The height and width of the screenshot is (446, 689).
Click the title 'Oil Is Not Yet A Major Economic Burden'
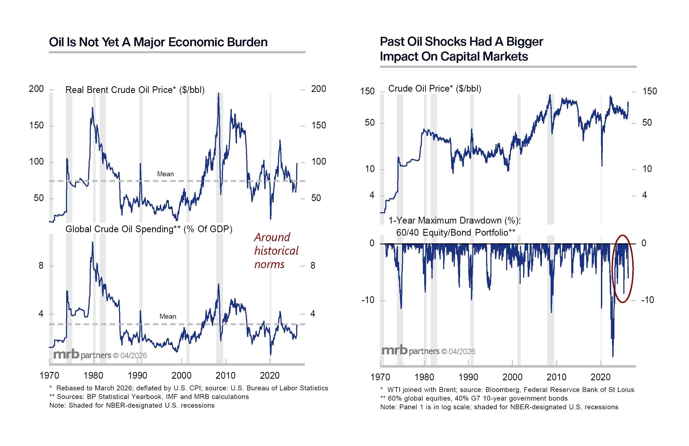coord(158,42)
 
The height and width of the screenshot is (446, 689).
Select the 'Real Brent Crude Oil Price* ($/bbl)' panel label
coord(135,90)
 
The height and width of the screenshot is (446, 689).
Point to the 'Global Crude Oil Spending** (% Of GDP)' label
coord(149,229)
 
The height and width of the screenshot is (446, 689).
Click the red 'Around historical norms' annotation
coord(276,251)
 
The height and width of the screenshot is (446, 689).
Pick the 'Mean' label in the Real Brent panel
coord(165,174)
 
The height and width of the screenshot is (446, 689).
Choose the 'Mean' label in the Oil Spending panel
coord(168,317)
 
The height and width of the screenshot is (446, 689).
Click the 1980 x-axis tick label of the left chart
coord(93,376)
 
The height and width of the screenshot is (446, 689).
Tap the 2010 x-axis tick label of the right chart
coord(556,377)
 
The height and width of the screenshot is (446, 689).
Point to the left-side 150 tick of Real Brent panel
coord(36,125)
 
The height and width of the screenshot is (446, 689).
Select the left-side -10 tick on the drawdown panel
coord(368,300)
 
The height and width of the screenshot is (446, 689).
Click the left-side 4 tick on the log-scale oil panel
coord(372,195)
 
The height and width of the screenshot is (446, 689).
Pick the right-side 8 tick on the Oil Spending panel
coord(313,265)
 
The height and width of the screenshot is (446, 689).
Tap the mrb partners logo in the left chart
coord(100,355)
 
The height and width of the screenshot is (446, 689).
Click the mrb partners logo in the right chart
coord(428,351)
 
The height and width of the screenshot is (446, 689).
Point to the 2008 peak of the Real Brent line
coord(219,94)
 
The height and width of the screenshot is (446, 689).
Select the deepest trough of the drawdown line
coord(613,356)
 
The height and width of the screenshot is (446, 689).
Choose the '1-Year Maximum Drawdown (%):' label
coord(454,221)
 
